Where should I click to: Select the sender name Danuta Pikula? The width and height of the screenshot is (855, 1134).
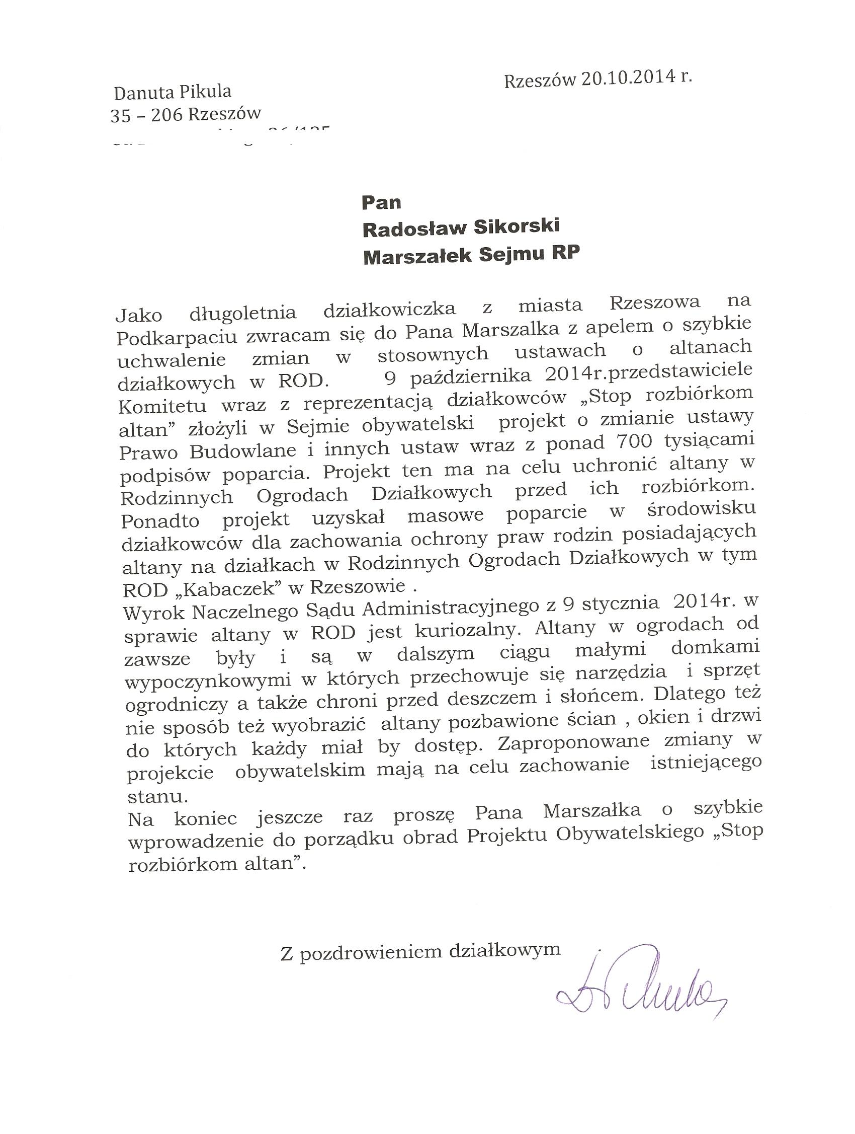click(172, 92)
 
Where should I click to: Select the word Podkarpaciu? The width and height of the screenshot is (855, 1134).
click(177, 337)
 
